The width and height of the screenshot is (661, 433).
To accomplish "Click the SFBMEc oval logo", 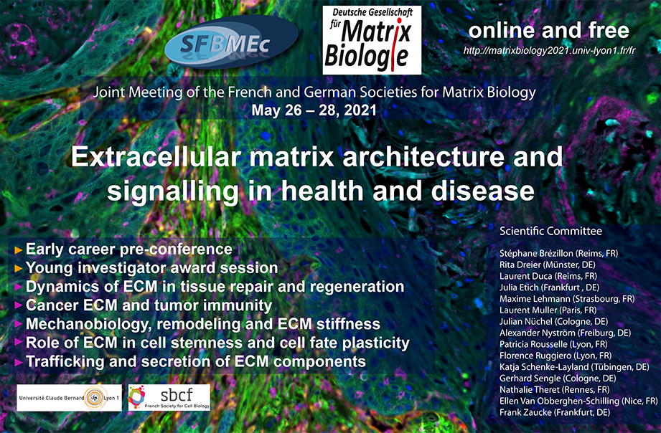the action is pos(231,42).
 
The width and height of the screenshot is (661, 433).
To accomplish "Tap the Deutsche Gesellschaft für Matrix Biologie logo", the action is pos(372,40).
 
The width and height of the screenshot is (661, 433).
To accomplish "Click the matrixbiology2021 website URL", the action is pos(549,51).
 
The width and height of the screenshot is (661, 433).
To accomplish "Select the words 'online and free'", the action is pos(548,30).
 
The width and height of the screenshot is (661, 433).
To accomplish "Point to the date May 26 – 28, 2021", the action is pos(314,110).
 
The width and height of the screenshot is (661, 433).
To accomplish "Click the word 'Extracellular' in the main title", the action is pos(156,157).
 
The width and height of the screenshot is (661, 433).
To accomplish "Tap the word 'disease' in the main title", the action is pos(483,191).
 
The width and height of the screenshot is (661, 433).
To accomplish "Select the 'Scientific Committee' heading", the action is pos(550,231).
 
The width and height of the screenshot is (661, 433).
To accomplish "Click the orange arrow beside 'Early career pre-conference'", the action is pos(18,249).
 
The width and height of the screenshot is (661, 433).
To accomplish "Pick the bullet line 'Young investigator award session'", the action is pos(151,268).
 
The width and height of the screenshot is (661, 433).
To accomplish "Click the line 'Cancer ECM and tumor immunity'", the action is pos(149,305).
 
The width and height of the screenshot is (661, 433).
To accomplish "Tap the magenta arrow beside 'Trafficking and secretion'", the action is pos(18,362).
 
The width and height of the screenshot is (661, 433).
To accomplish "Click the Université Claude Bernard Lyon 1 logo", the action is pos(69,398).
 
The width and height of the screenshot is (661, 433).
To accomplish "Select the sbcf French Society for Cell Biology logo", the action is pos(169,397).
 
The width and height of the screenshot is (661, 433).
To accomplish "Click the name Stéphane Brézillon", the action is pos(536,253).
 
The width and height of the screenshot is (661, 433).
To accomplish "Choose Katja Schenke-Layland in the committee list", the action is pos(544,367).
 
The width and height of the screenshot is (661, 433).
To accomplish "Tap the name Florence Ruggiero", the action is pos(534,356).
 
